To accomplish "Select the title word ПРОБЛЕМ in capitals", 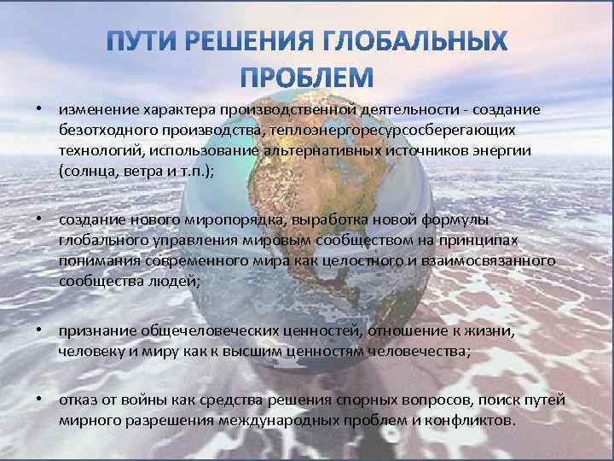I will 306,79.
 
